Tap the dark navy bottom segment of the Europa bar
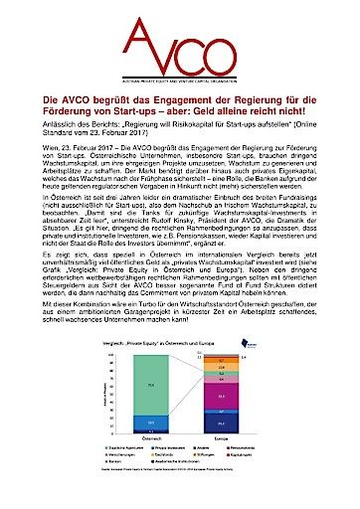pyautogui.click(x=237, y=424)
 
